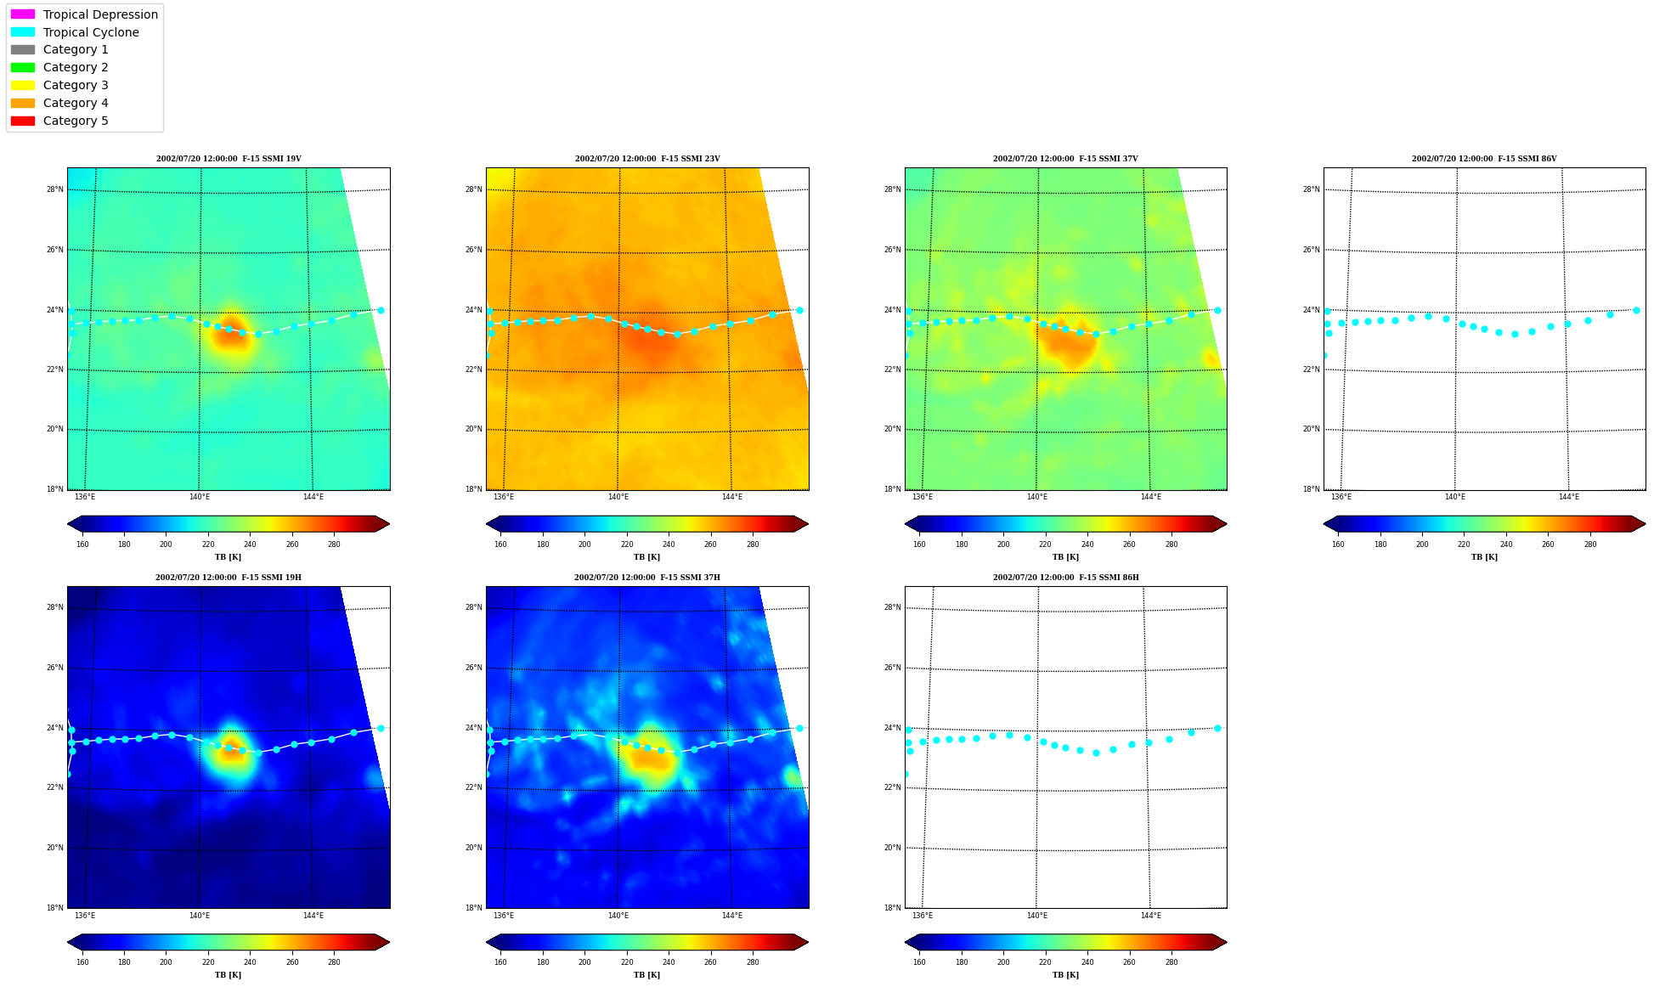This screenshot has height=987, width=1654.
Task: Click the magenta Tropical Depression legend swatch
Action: coord(23,14)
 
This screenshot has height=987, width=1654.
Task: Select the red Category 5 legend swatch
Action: coord(23,121)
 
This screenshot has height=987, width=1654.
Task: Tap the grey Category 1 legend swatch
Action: coord(23,49)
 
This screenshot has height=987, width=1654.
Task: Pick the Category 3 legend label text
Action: coord(76,85)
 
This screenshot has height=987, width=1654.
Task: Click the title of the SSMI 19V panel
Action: coord(229,159)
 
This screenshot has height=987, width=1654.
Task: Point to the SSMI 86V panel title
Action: coord(1484,159)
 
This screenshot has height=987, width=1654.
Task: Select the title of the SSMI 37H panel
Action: coord(647,578)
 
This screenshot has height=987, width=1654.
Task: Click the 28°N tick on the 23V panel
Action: coord(473,189)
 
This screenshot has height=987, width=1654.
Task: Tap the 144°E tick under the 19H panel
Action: coord(313,916)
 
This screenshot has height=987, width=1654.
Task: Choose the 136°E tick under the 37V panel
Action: coord(923,497)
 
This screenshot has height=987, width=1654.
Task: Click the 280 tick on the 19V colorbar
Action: coord(334,544)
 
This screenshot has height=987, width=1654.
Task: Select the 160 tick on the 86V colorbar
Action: coord(1338,544)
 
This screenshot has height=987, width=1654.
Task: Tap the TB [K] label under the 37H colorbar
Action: coord(647,975)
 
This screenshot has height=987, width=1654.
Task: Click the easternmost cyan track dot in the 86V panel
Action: coord(1636,310)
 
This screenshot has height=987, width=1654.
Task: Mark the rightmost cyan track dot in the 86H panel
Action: coord(1217,728)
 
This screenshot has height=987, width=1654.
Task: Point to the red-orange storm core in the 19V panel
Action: coord(229,334)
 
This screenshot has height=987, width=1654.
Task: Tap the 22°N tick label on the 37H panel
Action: coord(473,787)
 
